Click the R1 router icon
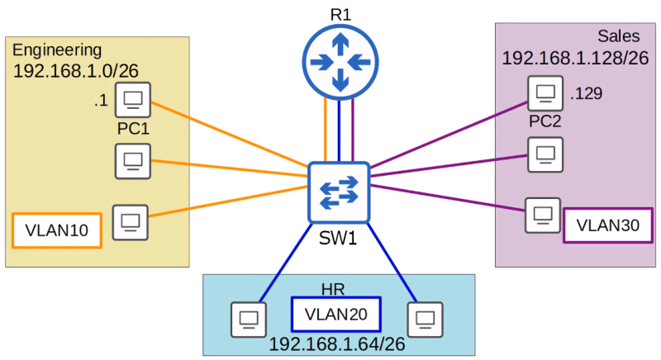pyautogui.click(x=340, y=62)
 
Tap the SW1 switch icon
pyautogui.click(x=339, y=192)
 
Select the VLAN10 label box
pyautogui.click(x=57, y=230)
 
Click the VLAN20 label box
pyautogui.click(x=336, y=314)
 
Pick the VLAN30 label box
pyautogui.click(x=608, y=225)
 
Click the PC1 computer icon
pyautogui.click(x=133, y=100)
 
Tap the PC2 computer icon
pyautogui.click(x=545, y=93)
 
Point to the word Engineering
pyautogui.click(x=57, y=50)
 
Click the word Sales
pyautogui.click(x=618, y=36)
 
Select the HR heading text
pyautogui.click(x=333, y=289)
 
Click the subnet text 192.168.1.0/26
pyautogui.click(x=76, y=71)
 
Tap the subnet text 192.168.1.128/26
pyautogui.click(x=575, y=58)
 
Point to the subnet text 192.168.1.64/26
pyautogui.click(x=337, y=344)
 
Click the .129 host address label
pyautogui.click(x=586, y=93)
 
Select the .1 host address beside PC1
pyautogui.click(x=101, y=101)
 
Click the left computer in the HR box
pyautogui.click(x=249, y=320)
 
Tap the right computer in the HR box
pyautogui.click(x=425, y=320)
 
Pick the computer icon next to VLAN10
pyautogui.click(x=131, y=222)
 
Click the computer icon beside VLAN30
pyautogui.click(x=543, y=216)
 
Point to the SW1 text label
pyautogui.click(x=338, y=239)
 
